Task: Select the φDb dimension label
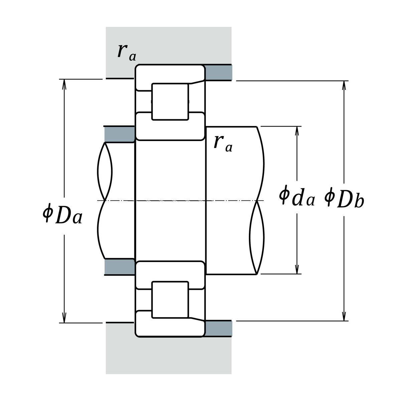coord(344,198)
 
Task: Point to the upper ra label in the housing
coord(126,52)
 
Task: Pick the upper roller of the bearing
coord(170,101)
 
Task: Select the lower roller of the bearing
coord(170,299)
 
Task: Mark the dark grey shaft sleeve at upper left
coord(120,134)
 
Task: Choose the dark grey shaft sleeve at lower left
coord(120,267)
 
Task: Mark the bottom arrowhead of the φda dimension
coord(297,269)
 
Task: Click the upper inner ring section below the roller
coord(170,128)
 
